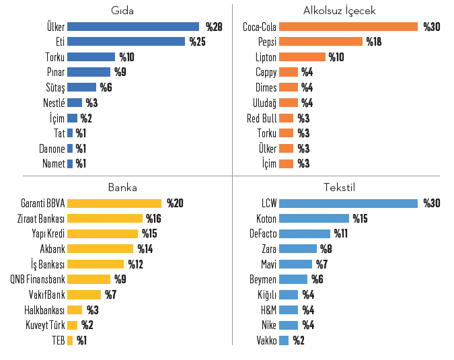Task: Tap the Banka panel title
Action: (122, 188)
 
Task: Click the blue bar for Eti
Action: (126, 42)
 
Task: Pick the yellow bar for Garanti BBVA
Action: (114, 203)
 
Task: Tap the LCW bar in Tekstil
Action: (348, 203)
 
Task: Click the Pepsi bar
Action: (320, 42)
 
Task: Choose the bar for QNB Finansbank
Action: (89, 279)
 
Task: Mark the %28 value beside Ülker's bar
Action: (214, 27)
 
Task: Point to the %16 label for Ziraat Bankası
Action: (155, 219)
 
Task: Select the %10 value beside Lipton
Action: (336, 57)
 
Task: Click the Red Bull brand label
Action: (262, 118)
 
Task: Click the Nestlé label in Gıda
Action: (53, 103)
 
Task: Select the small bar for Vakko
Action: (284, 340)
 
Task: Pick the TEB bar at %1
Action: (70, 340)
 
